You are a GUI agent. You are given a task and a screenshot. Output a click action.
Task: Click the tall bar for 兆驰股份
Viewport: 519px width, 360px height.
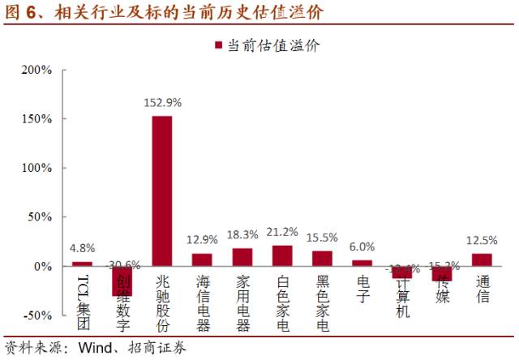pyautogui.click(x=162, y=191)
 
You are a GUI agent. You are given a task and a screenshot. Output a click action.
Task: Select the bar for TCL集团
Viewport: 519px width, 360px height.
pyautogui.click(x=82, y=264)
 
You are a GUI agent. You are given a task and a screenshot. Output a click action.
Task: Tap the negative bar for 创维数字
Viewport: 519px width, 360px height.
pyautogui.click(x=122, y=281)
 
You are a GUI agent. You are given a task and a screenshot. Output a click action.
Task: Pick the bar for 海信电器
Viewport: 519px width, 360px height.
pyautogui.click(x=202, y=259)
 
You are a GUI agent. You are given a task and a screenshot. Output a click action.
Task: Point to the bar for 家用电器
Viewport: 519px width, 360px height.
pyautogui.click(x=242, y=257)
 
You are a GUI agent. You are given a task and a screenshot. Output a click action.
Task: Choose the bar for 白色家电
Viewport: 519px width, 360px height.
pyautogui.click(x=282, y=255)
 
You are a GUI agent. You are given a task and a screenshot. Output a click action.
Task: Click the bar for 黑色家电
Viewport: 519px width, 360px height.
pyautogui.click(x=322, y=259)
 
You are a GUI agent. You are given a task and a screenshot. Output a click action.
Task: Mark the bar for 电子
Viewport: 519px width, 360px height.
pyautogui.click(x=362, y=263)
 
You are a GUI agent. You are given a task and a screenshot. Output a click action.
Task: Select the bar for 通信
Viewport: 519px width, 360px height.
pyautogui.click(x=483, y=259)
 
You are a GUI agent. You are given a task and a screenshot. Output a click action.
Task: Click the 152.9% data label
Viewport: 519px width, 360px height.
pyautogui.click(x=162, y=103)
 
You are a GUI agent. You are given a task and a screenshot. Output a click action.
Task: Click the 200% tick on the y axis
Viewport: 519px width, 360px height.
pyautogui.click(x=36, y=70)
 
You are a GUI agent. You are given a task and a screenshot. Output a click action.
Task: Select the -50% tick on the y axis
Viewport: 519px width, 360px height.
pyautogui.click(x=36, y=315)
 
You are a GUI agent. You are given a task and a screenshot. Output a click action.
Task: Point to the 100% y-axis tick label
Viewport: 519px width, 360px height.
pyautogui.click(x=36, y=168)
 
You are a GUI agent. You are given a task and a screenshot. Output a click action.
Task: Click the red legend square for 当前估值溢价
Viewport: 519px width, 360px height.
pyautogui.click(x=218, y=46)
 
